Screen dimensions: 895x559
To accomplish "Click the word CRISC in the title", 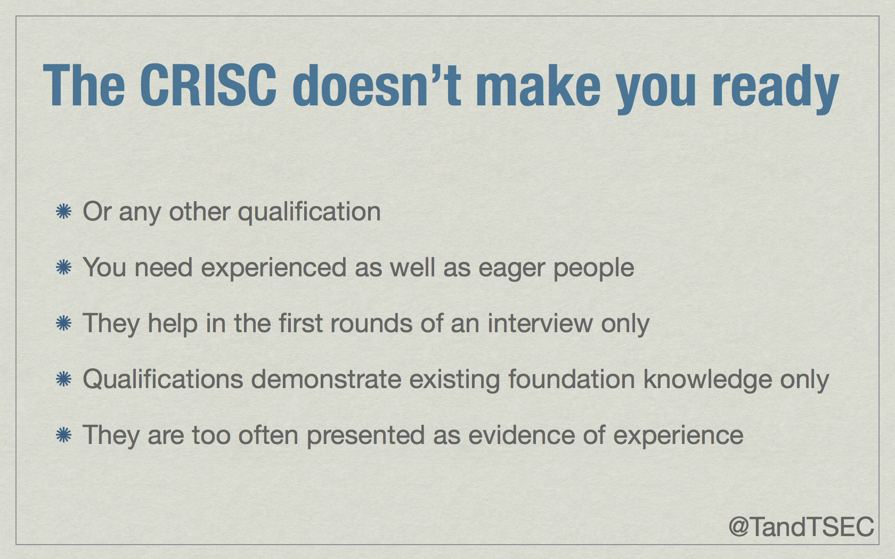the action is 208,86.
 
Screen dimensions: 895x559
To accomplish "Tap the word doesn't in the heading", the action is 377,86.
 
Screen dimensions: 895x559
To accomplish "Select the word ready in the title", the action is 776,89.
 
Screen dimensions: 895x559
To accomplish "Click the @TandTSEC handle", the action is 801,527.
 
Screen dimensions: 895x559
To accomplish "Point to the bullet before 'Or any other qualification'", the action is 63,211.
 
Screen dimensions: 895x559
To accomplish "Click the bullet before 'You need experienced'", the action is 63,267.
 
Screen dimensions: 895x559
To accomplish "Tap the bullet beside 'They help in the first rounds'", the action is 63,323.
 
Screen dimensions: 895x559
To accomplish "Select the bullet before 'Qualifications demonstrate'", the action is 63,379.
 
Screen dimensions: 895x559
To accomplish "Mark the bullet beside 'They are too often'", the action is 63,435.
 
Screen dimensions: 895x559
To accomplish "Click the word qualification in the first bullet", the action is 309,212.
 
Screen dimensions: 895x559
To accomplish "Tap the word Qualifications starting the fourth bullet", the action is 163,380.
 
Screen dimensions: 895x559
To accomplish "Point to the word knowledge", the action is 707,380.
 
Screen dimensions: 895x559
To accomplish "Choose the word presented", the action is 365,435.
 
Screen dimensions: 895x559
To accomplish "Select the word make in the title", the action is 538,86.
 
